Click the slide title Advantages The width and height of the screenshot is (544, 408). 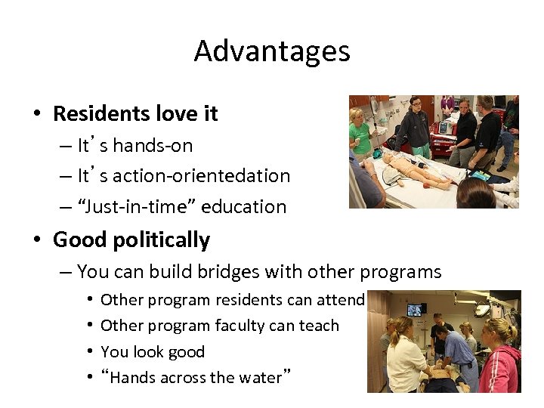[272, 51]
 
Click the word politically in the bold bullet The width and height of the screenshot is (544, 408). [161, 240]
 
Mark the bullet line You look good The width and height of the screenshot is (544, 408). [153, 351]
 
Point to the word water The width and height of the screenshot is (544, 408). [257, 377]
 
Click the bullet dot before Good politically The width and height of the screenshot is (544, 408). [36, 241]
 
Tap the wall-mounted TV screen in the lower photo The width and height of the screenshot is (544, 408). [416, 309]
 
